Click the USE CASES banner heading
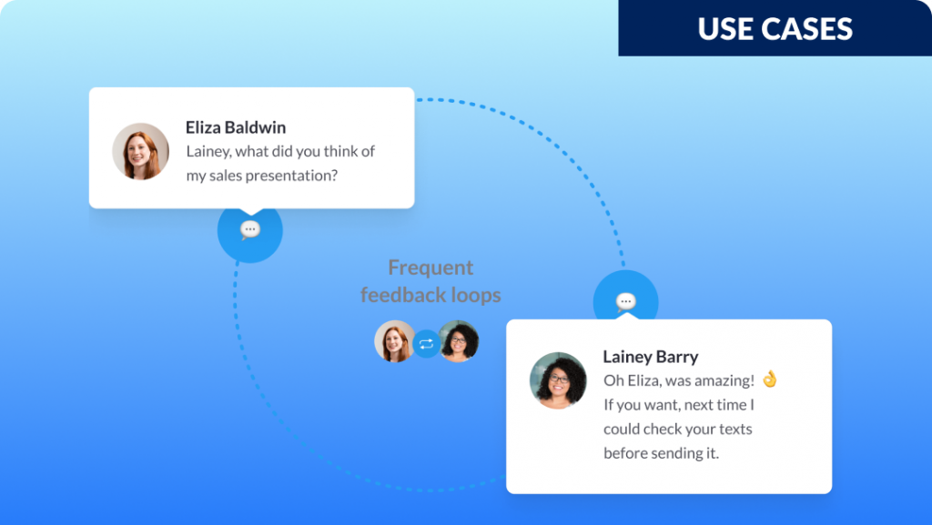[775, 28]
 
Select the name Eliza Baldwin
[236, 127]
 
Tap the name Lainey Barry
[650, 357]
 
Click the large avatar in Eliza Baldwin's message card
[140, 151]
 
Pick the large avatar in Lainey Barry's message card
[558, 380]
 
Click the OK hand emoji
[770, 379]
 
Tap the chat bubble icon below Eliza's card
[250, 229]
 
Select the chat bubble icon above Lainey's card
[625, 302]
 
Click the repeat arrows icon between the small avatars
[426, 343]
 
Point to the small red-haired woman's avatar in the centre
[395, 341]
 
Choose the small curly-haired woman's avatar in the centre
[459, 341]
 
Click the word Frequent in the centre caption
[431, 268]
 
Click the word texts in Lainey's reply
[735, 429]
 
